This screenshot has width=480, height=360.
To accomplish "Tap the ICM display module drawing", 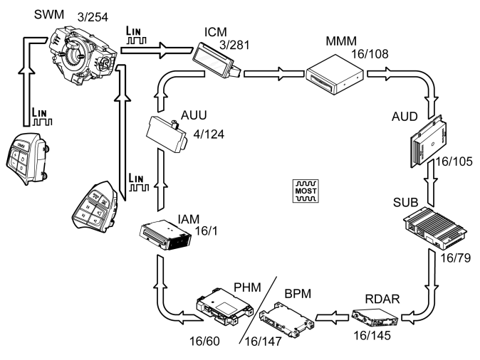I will [x=218, y=59].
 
